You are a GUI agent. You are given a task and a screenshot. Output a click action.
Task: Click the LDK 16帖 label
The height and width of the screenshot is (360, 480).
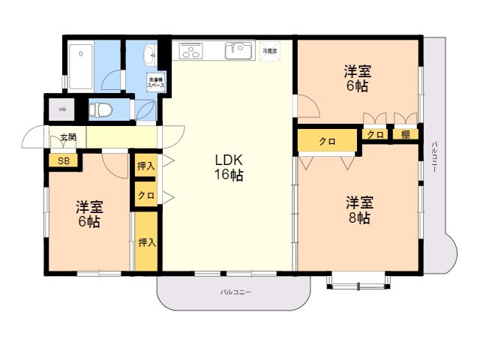point(228,167)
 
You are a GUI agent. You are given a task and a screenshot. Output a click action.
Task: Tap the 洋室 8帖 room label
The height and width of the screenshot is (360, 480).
point(358,210)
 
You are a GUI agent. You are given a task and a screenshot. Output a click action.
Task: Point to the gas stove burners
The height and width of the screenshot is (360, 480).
point(190,52)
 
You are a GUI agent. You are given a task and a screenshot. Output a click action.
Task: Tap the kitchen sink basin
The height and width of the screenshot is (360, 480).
point(240,51)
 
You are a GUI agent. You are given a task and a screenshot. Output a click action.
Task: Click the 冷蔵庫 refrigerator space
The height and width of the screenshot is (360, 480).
point(269,52)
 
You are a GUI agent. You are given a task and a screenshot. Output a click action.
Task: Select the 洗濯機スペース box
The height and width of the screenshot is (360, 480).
point(156,82)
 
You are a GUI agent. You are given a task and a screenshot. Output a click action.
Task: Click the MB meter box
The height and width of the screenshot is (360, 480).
point(61,109)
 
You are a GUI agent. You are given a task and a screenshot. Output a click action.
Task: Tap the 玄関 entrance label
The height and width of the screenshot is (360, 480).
point(68,138)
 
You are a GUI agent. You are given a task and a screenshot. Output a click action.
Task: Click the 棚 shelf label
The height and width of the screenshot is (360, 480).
point(405,134)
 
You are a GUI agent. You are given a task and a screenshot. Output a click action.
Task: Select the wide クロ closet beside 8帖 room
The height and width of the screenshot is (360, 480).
point(327,141)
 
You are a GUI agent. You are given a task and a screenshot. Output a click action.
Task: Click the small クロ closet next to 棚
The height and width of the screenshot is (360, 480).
point(376,134)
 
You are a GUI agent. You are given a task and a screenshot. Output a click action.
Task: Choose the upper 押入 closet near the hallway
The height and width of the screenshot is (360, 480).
point(146,166)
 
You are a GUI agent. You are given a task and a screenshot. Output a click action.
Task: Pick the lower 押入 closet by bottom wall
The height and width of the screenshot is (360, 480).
point(146,242)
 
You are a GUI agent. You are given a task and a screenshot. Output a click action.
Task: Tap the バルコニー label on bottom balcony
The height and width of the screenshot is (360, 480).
point(235,292)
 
